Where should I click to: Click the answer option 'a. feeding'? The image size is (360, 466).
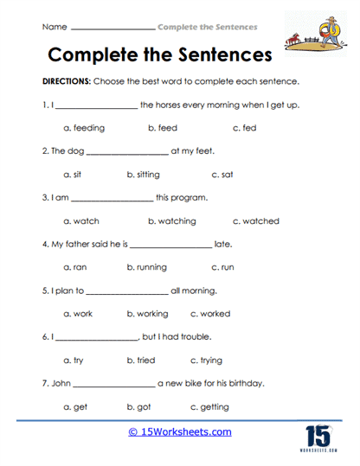tap(84, 128)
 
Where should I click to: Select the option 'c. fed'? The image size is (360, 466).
tap(244, 128)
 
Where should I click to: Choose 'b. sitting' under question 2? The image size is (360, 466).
tap(143, 175)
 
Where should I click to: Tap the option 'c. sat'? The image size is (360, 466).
tap(222, 175)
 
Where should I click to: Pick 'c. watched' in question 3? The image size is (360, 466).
tap(256, 221)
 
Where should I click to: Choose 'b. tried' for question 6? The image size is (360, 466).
tap(141, 361)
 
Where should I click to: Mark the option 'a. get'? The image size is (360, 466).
tap(76, 407)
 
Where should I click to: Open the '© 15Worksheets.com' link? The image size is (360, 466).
tap(179, 431)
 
